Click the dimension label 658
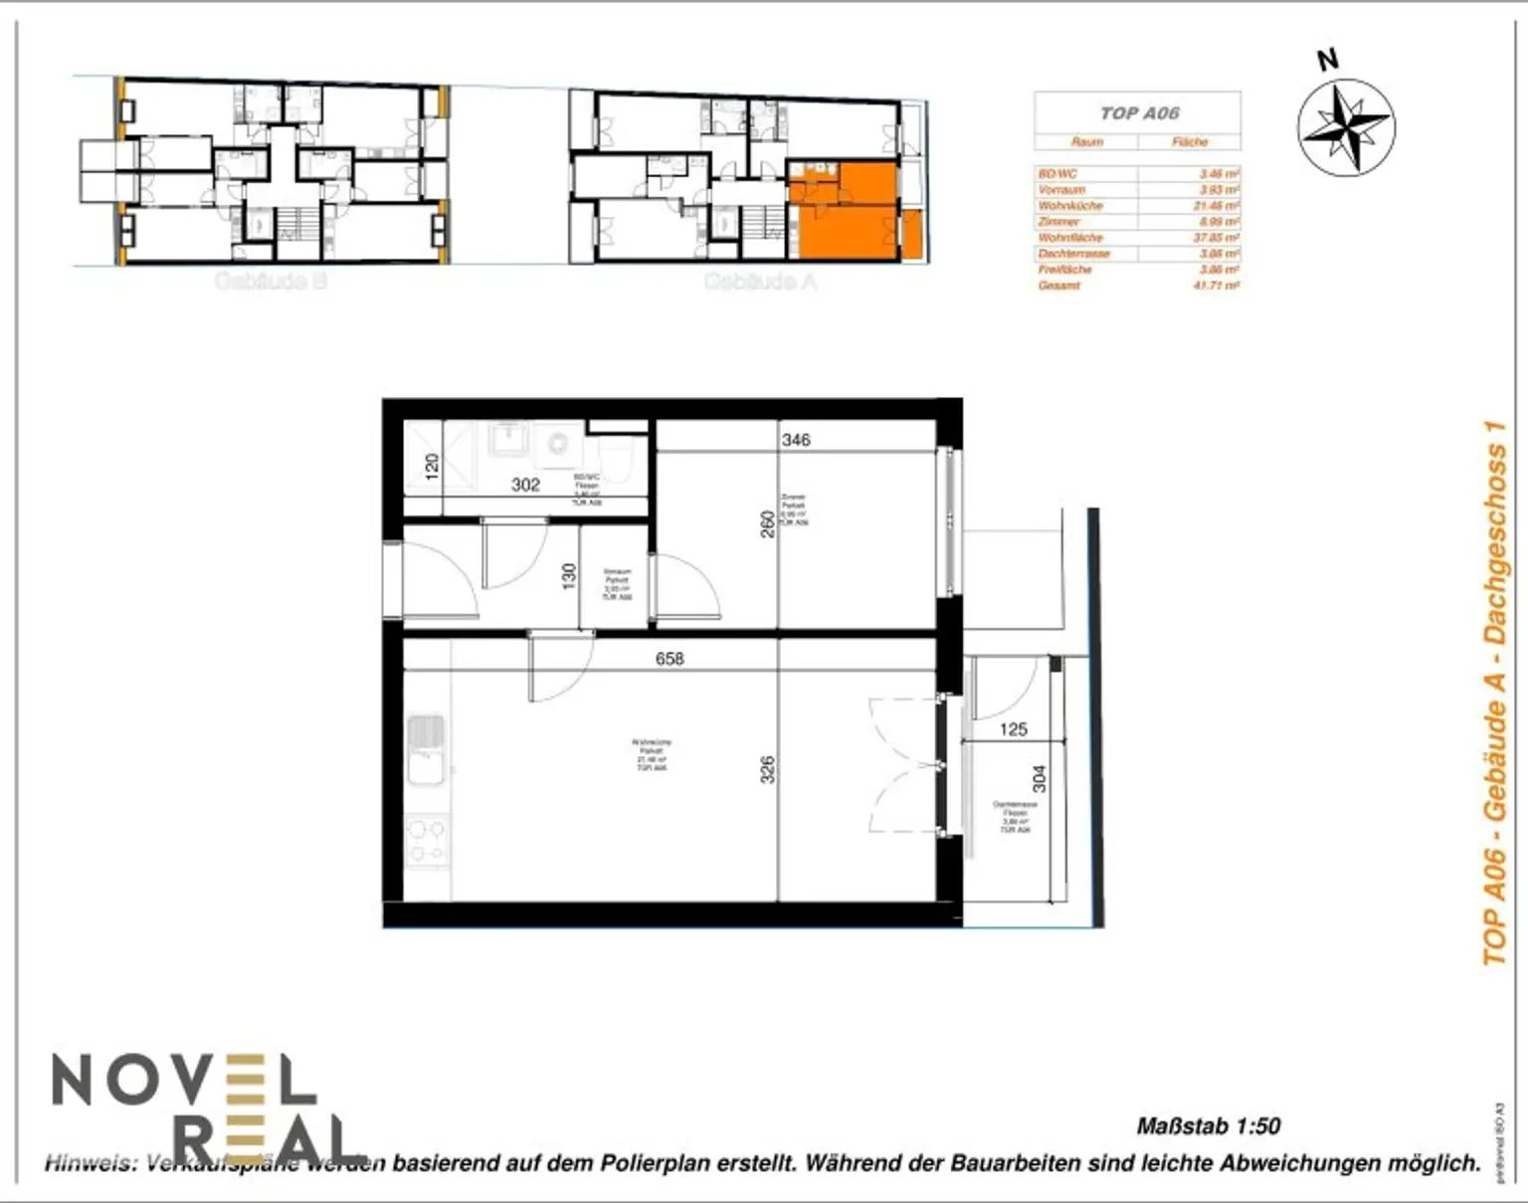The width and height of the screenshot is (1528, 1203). pos(669,659)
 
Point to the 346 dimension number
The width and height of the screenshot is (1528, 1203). pos(796,439)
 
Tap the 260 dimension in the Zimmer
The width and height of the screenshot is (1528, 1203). pos(767,524)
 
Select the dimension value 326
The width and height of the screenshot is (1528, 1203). pos(767,769)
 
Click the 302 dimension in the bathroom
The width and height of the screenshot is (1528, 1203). pos(525,485)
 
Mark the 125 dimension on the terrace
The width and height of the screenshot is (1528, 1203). pos(1013,729)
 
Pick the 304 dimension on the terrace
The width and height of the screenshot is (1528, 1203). pos(1039,778)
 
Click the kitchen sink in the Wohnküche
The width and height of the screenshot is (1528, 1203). pos(426,750)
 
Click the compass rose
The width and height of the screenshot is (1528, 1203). pos(1346,127)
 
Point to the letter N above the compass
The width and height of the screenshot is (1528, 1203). pos(1328,60)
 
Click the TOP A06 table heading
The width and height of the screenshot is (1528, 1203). pos(1139,112)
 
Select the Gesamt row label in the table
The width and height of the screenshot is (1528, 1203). pos(1058,286)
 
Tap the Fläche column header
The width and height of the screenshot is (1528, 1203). pos(1189,141)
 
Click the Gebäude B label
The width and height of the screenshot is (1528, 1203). pos(271,282)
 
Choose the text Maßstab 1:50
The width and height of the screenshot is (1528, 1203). pos(1208,1126)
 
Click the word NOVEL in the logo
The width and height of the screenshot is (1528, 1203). pos(184,1080)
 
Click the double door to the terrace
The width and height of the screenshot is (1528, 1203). pos(905,764)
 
